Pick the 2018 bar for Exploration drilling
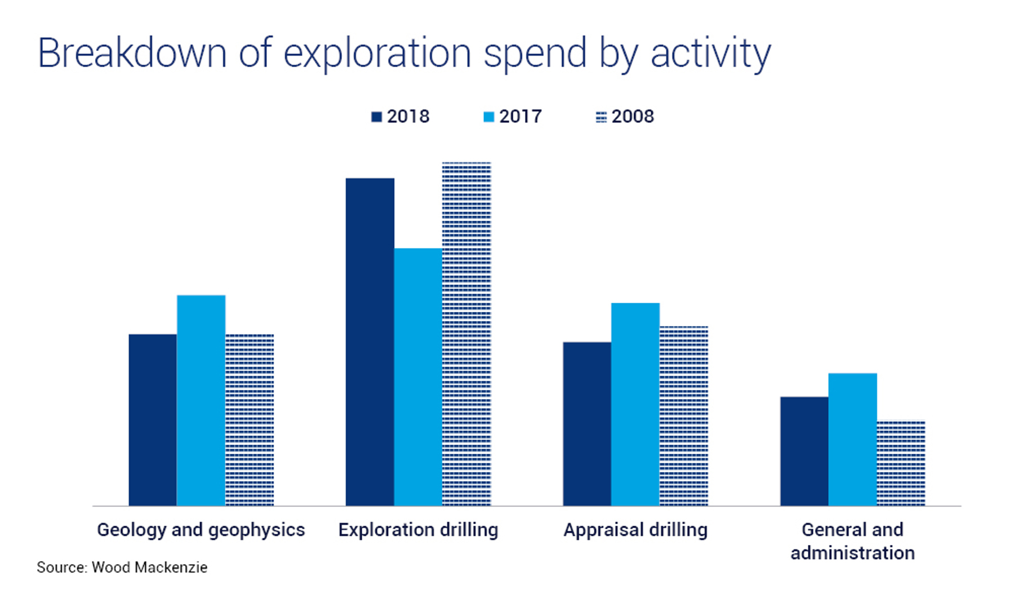tap(370, 342)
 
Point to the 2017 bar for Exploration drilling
tap(418, 377)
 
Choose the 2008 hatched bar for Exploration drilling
tap(466, 334)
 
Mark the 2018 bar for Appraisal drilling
tap(587, 423)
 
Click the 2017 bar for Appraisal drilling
tap(635, 404)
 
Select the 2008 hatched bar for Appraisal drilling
tap(684, 415)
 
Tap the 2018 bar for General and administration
tap(804, 451)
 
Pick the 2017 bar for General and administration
tap(852, 439)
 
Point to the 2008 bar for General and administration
tap(901, 463)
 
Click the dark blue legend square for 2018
tap(376, 117)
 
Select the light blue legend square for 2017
tap(488, 117)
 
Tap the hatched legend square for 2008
tap(601, 117)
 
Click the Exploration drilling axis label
tap(418, 530)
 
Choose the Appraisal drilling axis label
tap(635, 530)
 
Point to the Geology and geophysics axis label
tap(201, 530)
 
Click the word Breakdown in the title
tap(132, 53)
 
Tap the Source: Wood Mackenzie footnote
tap(122, 567)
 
